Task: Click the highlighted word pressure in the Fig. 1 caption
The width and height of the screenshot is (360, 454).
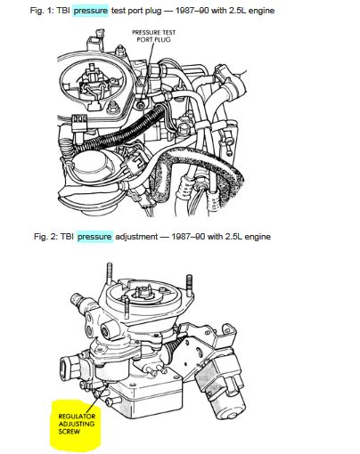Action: coord(90,11)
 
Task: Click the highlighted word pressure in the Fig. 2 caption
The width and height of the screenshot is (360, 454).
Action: coord(94,237)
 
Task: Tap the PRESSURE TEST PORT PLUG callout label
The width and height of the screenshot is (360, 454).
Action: coord(153,36)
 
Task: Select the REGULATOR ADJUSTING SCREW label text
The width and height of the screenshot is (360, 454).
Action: coord(77,424)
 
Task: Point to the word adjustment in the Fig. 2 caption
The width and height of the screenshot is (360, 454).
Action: coord(136,237)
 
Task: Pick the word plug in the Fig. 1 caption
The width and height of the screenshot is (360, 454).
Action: coord(153,12)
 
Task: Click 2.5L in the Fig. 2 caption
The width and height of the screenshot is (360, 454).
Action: coord(235,237)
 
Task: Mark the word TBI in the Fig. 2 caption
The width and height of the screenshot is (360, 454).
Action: coord(67,237)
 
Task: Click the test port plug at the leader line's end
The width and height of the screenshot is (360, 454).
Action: coord(141,104)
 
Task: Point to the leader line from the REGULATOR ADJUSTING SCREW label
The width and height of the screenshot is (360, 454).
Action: coord(97,399)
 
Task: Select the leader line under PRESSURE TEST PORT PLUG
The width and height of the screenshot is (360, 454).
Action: coord(148,71)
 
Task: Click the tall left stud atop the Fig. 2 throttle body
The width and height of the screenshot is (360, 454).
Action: coord(110,273)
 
